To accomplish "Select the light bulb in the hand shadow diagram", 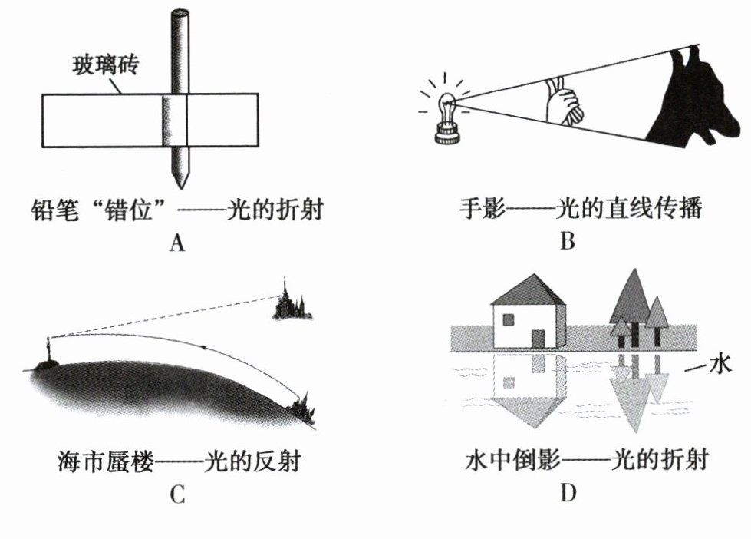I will (446, 114).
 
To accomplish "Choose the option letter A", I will (177, 243).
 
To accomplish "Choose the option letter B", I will (567, 243).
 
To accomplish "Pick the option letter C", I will (177, 494).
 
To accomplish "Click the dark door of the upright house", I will (539, 338).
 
